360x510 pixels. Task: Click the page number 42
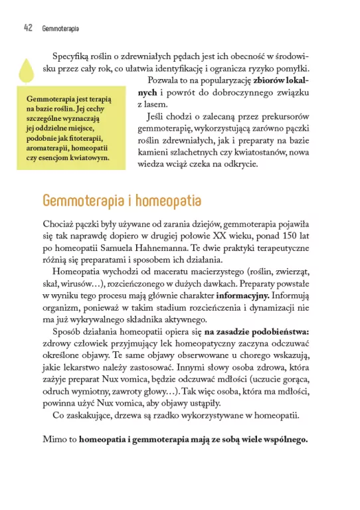(x=29, y=29)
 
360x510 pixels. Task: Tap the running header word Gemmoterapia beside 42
(x=60, y=29)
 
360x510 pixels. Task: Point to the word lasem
(x=149, y=105)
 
